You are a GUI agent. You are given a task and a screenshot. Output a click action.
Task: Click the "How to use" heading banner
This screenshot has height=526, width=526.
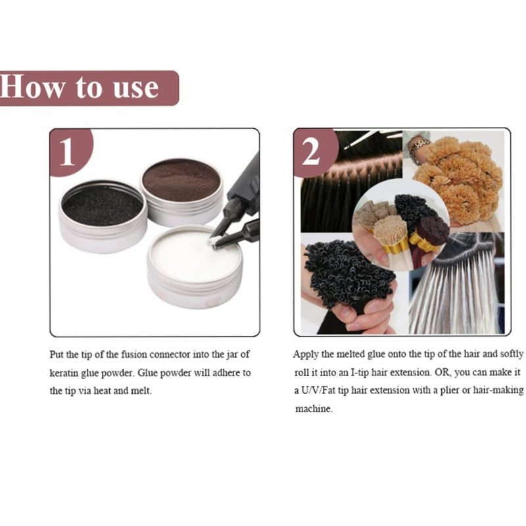[89, 88]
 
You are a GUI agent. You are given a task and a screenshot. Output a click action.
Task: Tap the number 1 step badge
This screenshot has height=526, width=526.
[70, 152]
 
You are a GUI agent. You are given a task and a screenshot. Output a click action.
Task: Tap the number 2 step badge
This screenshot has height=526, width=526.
[315, 152]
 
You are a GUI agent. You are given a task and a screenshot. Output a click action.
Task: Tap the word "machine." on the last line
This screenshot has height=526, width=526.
[314, 409]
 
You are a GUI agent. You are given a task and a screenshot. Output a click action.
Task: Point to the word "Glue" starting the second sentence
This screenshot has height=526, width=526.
[147, 373]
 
